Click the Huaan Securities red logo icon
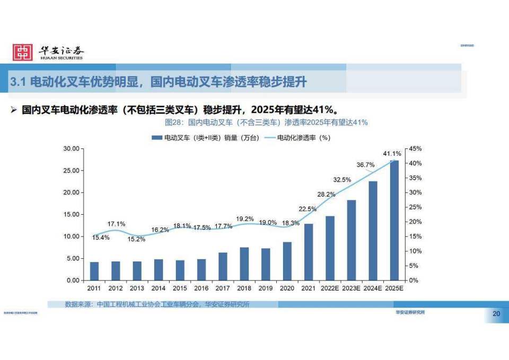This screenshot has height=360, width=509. pyautogui.click(x=23, y=52)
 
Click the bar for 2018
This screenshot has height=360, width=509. pyautogui.click(x=244, y=264)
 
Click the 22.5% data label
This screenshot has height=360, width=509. pyautogui.click(x=308, y=209)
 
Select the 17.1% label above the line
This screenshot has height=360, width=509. pyautogui.click(x=116, y=224)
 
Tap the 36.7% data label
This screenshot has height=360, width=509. pyautogui.click(x=365, y=165)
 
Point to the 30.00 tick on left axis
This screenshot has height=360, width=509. pyautogui.click(x=71, y=148)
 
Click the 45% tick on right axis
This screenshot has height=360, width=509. pyautogui.click(x=415, y=148)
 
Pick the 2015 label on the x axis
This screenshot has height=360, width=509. pyautogui.click(x=180, y=288)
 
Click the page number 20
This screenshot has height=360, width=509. pyautogui.click(x=496, y=314)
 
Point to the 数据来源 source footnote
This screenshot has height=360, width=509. pyautogui.click(x=157, y=304)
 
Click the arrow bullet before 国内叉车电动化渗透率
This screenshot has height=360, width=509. pyautogui.click(x=14, y=110)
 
